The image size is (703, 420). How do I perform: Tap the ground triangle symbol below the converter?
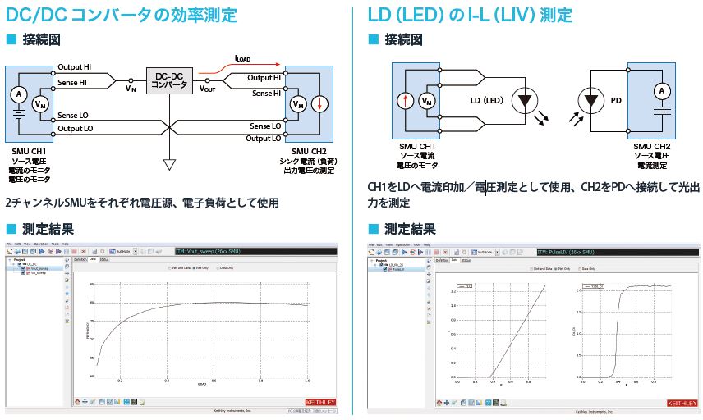point(168,165)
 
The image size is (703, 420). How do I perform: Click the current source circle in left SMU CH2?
point(321,104)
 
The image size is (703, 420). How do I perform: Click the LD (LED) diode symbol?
point(522,102)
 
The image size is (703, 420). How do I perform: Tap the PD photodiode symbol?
point(588,102)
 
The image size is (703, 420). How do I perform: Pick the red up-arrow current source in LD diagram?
point(403,102)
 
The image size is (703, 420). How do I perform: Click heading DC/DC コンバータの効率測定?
point(122,15)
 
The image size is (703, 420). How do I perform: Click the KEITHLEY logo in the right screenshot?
point(680,403)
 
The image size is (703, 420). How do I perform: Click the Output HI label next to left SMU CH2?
point(264,78)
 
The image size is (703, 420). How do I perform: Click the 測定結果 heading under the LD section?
point(410,229)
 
